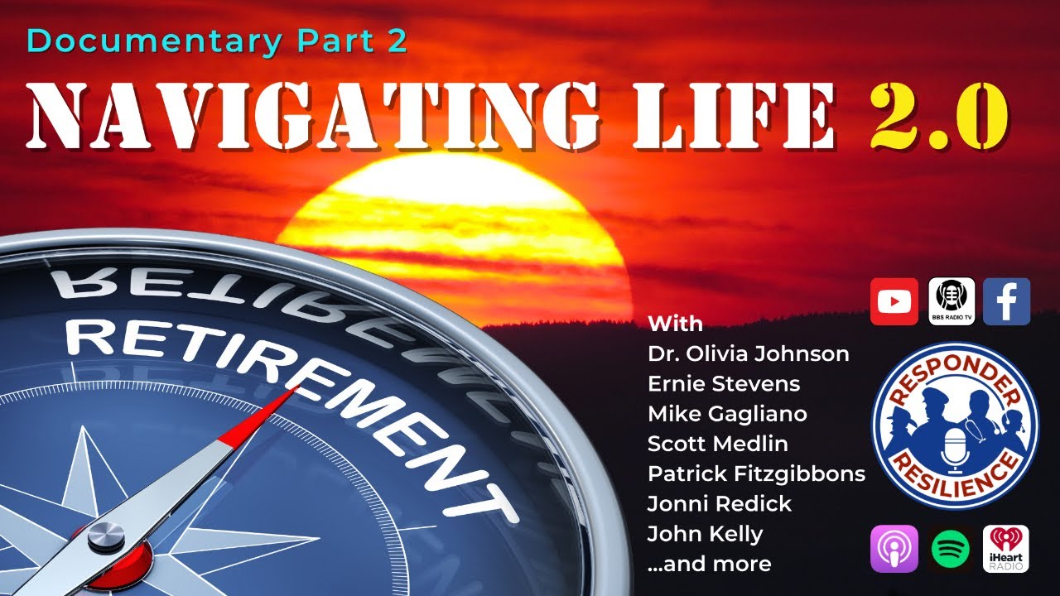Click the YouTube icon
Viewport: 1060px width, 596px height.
(x=894, y=301)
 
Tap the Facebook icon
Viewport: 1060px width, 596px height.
(x=1006, y=301)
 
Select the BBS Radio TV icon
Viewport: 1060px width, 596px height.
(x=951, y=301)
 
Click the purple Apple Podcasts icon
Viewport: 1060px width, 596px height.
(x=894, y=548)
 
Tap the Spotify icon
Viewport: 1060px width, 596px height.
(x=951, y=548)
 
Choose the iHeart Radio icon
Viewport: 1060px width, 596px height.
(x=1006, y=548)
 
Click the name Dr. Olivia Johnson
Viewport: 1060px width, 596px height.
(x=748, y=354)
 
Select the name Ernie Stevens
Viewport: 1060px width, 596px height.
(x=712, y=384)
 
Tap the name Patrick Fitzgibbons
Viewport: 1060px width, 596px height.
(x=756, y=474)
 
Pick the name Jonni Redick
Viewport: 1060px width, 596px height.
(x=720, y=504)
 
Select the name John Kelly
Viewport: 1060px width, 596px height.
(x=705, y=534)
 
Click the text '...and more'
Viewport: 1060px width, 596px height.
(x=709, y=565)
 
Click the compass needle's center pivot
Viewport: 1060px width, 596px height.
(x=107, y=536)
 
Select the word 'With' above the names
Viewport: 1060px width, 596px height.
(x=675, y=324)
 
